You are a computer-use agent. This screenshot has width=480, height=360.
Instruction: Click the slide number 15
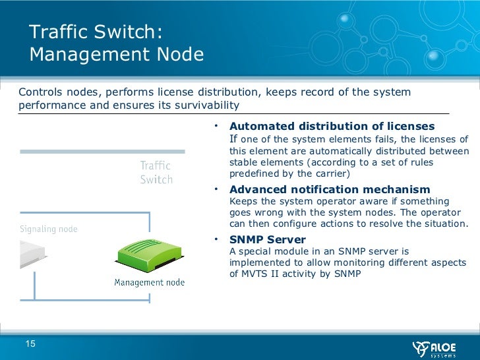[30, 343]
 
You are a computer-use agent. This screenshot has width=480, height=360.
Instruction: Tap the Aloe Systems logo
[435, 347]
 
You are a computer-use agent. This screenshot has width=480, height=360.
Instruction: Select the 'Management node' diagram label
[150, 282]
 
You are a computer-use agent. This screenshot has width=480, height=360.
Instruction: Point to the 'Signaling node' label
[48, 229]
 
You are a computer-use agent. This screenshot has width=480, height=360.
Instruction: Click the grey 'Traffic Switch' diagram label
[156, 173]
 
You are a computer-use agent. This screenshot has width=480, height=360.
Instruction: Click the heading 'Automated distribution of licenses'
[332, 126]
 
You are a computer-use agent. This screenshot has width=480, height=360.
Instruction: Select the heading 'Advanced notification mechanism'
[329, 190]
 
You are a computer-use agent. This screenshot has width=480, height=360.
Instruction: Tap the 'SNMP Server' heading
[267, 239]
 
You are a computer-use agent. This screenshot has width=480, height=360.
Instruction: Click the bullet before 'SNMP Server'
[216, 239]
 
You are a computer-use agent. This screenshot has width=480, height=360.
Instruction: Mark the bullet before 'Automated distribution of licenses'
[216, 125]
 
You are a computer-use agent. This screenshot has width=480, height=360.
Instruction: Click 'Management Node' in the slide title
[117, 54]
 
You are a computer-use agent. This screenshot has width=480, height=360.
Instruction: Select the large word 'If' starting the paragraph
[233, 139]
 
